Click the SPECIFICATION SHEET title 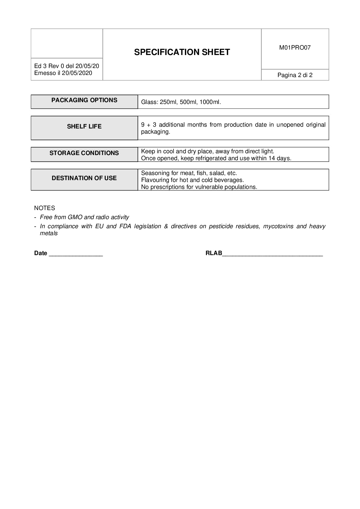pos(182,52)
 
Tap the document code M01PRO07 pos(295,48)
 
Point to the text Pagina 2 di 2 pos(295,75)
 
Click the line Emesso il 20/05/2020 pos(63,73)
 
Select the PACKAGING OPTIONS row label pos(84,100)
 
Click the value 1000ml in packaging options pos(210,102)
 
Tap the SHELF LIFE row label pos(84,127)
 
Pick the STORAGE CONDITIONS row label pos(84,153)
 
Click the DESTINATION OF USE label pos(84,178)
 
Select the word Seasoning pos(155,173)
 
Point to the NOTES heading pos(44,208)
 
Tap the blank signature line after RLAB pos(272,254)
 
